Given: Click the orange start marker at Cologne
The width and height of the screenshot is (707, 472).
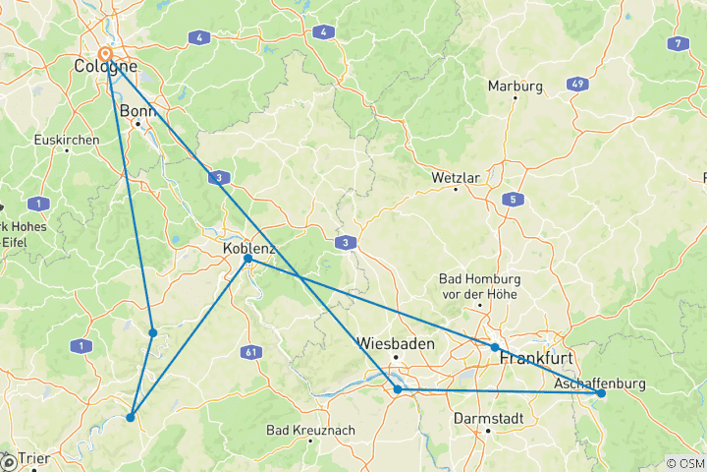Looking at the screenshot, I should click(105, 56).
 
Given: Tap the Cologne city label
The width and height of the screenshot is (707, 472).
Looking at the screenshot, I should click(104, 69).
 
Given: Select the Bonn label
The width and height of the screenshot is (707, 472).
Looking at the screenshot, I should click(137, 111).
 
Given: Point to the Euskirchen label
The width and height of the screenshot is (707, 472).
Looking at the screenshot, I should click(66, 141).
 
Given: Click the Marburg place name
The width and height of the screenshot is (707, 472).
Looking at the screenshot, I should click(516, 87).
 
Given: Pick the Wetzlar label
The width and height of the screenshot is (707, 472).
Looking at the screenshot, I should click(455, 178).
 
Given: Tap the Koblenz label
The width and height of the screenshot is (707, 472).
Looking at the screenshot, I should click(249, 248).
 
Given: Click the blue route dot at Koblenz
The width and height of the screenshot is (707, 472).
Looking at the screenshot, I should click(247, 259).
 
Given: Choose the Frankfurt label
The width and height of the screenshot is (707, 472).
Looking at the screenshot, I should click(536, 358).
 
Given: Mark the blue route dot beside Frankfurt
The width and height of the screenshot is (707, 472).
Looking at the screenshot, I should click(495, 347).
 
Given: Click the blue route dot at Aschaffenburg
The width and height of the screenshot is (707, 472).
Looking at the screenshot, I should click(601, 393).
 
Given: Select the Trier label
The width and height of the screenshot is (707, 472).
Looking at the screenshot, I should click(32, 458).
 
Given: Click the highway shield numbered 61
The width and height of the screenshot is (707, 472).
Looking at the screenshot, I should click(254, 351).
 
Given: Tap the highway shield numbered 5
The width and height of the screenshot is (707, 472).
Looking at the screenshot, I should click(512, 200).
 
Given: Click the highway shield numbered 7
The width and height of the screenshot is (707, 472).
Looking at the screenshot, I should click(676, 43).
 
